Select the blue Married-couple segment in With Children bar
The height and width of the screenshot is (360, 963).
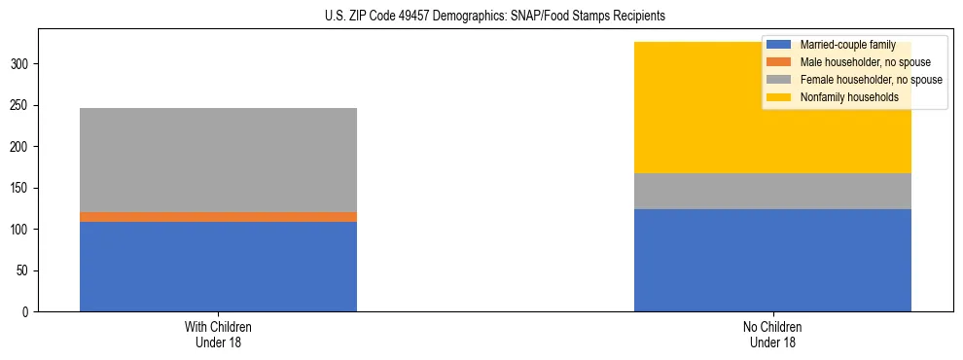coord(218,267)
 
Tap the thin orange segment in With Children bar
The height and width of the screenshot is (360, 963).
coord(218,217)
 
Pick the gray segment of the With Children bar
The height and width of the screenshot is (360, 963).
coord(218,160)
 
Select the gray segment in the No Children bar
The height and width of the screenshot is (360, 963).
coord(772,191)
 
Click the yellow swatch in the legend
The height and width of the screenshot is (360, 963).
coord(779,97)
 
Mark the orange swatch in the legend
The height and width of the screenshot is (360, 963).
coord(779,62)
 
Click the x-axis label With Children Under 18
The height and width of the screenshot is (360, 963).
coord(218,334)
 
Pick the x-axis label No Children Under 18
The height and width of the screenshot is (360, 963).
coord(772,334)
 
